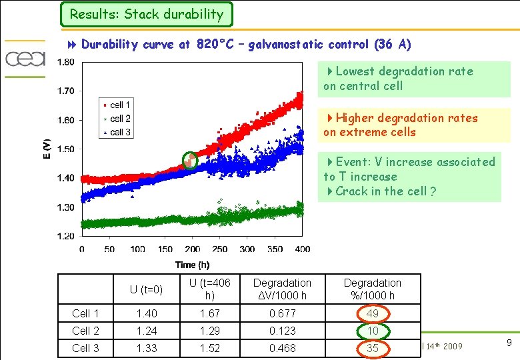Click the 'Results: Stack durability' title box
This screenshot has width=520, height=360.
coord(146,14)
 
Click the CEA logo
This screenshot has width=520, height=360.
coord(25,59)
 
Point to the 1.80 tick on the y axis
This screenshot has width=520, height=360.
coord(65,62)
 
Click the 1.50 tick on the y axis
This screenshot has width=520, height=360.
coord(65,149)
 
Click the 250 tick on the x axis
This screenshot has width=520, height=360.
coord(219,249)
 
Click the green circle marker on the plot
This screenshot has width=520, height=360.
coord(191,161)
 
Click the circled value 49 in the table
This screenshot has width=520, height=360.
coord(373,313)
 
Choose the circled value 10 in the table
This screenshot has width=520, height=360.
coord(373,331)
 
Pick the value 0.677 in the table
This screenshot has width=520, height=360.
coord(283,313)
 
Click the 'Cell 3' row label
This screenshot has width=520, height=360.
coord(85,348)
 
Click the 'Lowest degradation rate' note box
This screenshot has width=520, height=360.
coord(413,79)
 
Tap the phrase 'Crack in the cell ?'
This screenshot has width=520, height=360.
coord(385,191)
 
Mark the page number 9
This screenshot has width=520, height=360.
coord(509,343)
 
